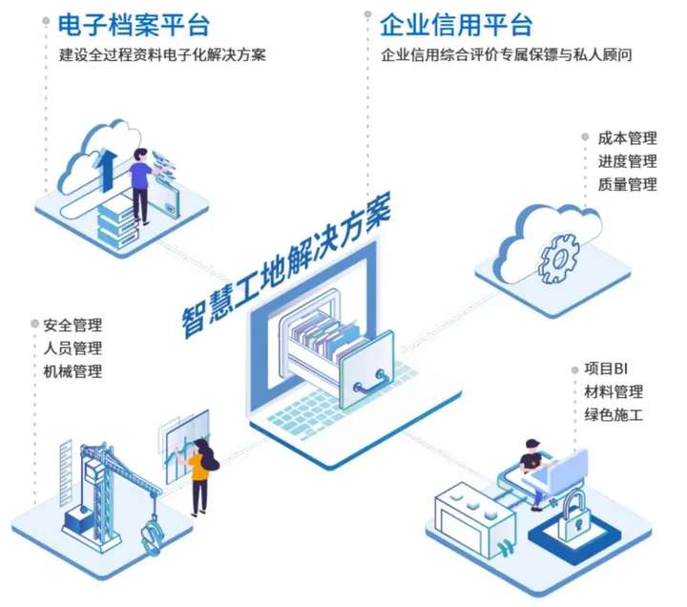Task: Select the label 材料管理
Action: pyautogui.click(x=614, y=392)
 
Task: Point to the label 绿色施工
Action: pyautogui.click(x=614, y=415)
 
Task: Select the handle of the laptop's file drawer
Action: pyautogui.click(x=370, y=384)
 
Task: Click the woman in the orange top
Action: pyautogui.click(x=199, y=472)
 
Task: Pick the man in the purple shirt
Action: pyautogui.click(x=140, y=181)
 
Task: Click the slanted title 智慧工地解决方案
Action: pyautogui.click(x=286, y=269)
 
